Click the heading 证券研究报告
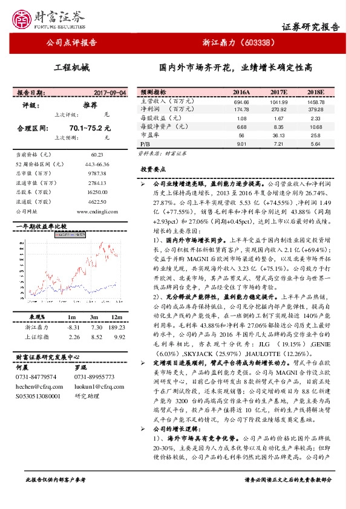tap(310, 27)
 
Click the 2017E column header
tap(278, 92)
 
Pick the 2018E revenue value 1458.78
tap(315, 102)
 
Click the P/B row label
tap(145, 144)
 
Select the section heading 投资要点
tap(152, 170)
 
